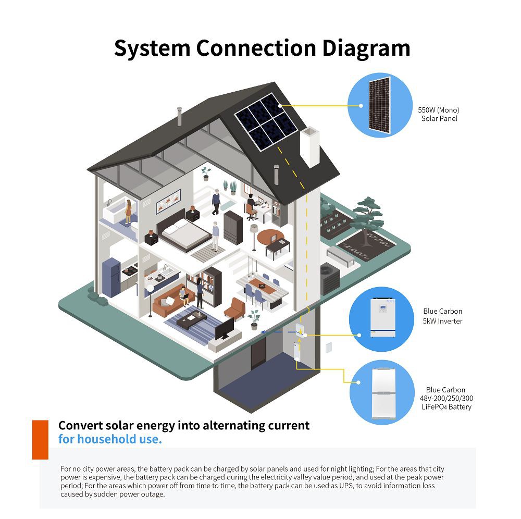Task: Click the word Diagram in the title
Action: (x=364, y=48)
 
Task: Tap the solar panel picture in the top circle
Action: (x=379, y=105)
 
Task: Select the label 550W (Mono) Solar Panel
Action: (x=439, y=114)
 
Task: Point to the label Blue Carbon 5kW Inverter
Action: (x=442, y=316)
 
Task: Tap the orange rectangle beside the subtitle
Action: (x=40, y=439)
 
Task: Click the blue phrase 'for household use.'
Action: (x=110, y=439)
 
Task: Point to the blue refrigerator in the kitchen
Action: (x=111, y=277)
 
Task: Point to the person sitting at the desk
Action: (x=251, y=205)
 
